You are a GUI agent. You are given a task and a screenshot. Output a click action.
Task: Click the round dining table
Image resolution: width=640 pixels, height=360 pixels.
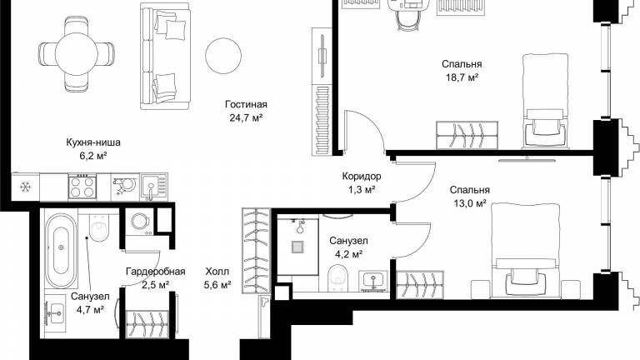pos(77,54)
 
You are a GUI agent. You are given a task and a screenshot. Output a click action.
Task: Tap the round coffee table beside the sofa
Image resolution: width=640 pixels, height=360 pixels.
pos(223,56)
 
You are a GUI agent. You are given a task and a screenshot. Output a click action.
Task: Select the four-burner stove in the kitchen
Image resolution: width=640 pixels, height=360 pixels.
pos(82,187)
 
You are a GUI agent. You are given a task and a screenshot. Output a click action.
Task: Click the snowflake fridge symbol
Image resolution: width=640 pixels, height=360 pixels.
pos(26,187)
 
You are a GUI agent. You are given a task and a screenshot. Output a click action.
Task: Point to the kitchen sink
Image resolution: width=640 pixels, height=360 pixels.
pos(154,187)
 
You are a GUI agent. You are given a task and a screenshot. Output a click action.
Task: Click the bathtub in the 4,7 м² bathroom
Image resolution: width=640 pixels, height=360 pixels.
pos(61,252)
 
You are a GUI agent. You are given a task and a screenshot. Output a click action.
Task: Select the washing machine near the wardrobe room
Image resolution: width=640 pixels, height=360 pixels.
pos(139,222)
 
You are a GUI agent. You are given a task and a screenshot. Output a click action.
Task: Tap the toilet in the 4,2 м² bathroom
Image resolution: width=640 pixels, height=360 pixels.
pos(338,279)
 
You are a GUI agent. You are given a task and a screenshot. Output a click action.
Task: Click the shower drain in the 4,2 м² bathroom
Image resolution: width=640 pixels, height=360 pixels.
pos(297,247)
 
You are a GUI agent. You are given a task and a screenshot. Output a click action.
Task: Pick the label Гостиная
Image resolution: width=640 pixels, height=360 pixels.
pos(246,104)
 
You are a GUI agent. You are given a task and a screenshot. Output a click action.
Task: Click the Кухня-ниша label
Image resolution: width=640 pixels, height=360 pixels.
pos(93,142)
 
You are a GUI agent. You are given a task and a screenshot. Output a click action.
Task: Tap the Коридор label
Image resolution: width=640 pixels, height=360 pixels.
pos(362,177)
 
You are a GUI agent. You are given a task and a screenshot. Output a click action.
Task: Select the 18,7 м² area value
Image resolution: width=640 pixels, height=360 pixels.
pos(462,77)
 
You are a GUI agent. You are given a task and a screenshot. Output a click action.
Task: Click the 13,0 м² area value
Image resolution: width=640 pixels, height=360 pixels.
pos(470,202)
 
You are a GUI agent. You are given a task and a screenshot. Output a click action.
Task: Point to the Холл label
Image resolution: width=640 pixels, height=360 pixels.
pos(217,272)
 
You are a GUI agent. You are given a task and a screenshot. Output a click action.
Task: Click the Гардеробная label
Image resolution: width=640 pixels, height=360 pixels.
pos(156,272)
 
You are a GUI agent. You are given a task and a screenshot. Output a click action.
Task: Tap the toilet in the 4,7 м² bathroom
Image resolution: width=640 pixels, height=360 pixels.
pos(99,227)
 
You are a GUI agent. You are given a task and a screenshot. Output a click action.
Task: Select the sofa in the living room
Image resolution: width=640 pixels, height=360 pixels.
pos(165,56)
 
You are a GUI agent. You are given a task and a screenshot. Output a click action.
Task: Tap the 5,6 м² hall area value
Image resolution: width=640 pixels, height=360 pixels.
pos(217,285)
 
